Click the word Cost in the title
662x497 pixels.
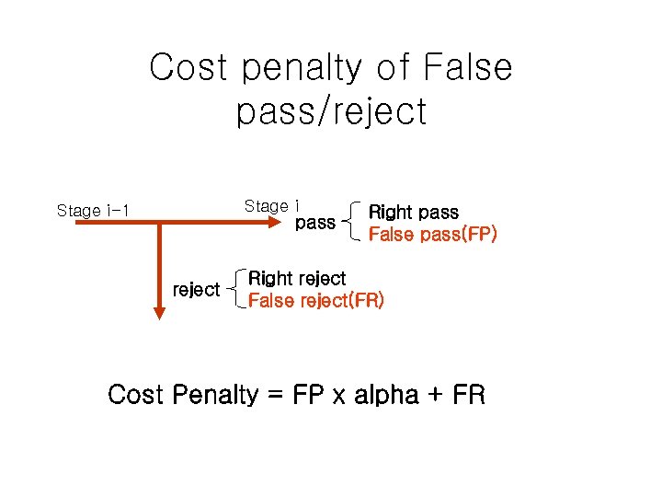[188, 67]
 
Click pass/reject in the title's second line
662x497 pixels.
[331, 112]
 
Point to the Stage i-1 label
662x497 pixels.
[93, 211]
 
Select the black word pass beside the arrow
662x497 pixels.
[314, 223]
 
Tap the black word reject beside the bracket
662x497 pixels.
[196, 290]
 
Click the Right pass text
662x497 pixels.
[413, 213]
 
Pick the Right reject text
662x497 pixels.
[297, 279]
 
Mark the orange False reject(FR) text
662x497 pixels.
[316, 300]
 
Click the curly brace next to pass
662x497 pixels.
[351, 222]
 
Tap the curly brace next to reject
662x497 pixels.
[235, 289]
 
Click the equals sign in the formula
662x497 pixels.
[274, 397]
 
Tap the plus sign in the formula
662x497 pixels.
[437, 397]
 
